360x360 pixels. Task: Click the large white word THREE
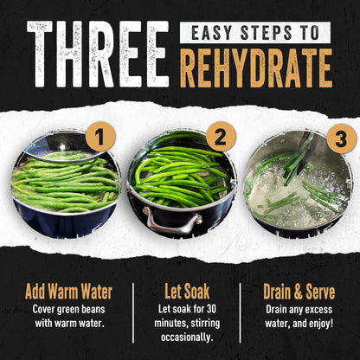98,55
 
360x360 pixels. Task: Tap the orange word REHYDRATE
256,68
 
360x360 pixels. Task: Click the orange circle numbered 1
100,137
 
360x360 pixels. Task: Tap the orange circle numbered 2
221,137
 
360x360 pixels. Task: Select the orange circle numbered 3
341,139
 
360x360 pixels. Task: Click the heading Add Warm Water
68,292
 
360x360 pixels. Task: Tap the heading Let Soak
187,292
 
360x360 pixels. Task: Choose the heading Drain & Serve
299,292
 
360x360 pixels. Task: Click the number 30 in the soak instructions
211,309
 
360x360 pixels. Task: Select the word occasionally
187,337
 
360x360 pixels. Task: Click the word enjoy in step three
321,324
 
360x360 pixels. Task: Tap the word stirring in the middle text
205,324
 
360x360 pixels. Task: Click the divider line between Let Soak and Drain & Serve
241,313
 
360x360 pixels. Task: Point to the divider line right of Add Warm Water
133,313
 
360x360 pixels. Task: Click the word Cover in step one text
43,309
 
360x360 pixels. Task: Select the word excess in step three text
318,310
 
